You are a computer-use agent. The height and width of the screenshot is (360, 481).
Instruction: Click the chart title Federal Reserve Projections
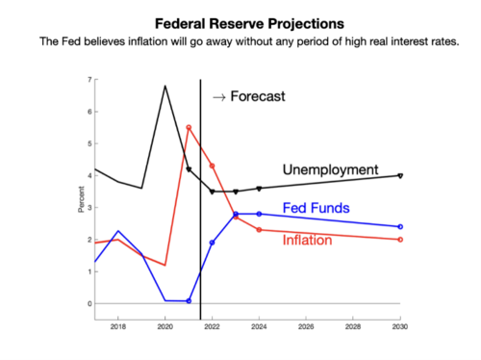click(x=240, y=20)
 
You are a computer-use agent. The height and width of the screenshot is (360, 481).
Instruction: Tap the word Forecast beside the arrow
click(x=257, y=96)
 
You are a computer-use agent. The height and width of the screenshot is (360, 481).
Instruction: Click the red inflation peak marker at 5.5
click(x=189, y=127)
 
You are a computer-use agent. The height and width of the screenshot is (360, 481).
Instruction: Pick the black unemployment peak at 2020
click(x=165, y=86)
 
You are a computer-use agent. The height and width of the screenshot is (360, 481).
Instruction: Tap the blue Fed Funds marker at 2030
click(x=400, y=227)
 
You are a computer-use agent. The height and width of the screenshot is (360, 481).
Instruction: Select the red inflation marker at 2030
click(x=400, y=240)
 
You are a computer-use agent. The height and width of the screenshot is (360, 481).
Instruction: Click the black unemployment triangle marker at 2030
click(x=400, y=176)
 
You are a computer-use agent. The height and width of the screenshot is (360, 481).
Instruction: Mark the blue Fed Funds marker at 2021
click(x=189, y=301)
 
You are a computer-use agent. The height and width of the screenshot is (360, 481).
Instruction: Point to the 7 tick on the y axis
click(x=89, y=80)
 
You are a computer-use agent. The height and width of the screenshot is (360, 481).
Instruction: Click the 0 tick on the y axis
click(x=89, y=304)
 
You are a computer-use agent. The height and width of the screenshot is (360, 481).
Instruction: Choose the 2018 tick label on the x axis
click(x=117, y=328)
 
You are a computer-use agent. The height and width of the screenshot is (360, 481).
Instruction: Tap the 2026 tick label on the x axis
click(x=306, y=328)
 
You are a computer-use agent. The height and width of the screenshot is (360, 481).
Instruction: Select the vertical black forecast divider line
click(x=200, y=193)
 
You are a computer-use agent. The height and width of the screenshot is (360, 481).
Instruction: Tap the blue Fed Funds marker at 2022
click(x=212, y=243)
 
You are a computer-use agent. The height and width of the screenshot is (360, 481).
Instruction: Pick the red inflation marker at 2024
click(x=259, y=230)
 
